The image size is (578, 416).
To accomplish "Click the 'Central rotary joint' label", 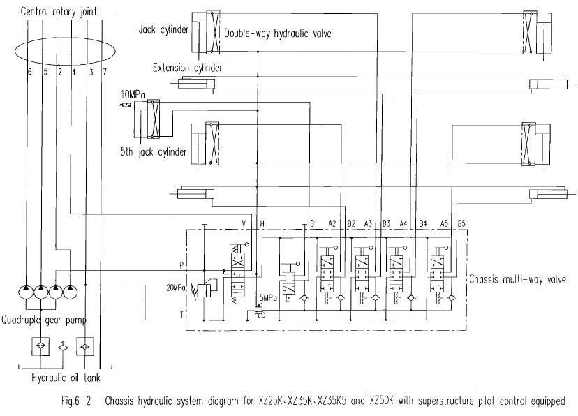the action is pos(59,11).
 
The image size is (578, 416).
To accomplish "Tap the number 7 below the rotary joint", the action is pos(105,71).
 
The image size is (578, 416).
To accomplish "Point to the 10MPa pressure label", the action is pos(133,94).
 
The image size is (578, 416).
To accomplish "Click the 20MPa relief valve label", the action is pos(175,288).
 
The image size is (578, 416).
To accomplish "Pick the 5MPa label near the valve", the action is pos(268,298).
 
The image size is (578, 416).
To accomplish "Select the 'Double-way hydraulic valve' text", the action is pos(278,34).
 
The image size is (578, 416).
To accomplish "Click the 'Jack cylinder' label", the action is pos(163,29).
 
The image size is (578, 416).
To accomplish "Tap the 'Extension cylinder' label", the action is pos(188,68).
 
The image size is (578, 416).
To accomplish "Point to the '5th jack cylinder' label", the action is pos(154,151).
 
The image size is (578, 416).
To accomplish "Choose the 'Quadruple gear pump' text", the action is pos(43,320).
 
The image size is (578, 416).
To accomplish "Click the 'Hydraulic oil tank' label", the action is pos(66,378).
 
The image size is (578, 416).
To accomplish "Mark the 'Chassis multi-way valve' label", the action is pos(517,279).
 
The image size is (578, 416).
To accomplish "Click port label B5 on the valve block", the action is pos(461,223).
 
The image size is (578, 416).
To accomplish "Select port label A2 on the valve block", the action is pos(332,223).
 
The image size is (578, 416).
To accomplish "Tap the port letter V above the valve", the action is pos(244,223).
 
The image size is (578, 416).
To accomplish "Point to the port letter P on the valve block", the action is pos(181,265).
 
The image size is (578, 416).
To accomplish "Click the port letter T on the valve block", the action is pos(181,315).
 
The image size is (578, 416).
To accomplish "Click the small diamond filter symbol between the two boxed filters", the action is pos(63,347).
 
